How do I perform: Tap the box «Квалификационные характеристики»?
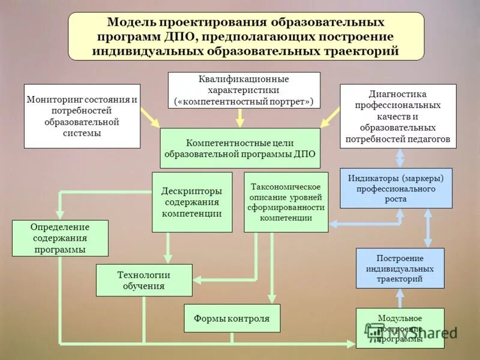point(244,90)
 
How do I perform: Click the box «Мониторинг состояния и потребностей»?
point(82,116)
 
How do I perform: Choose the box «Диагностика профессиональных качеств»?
point(398,116)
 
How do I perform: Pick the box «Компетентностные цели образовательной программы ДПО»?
point(240,148)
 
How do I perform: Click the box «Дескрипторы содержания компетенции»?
point(192,202)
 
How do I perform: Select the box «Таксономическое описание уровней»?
point(286,202)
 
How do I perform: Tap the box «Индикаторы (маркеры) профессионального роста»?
point(396,188)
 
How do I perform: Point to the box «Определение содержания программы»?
point(60,238)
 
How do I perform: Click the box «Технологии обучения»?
point(144,280)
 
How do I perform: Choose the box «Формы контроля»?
point(232,318)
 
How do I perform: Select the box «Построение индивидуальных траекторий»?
point(400,268)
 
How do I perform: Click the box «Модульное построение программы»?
point(400,328)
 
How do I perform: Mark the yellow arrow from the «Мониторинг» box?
point(150,118)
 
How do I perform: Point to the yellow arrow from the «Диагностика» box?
point(330,118)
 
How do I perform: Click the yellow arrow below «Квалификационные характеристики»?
point(239,118)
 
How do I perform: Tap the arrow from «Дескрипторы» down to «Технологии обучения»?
point(168,248)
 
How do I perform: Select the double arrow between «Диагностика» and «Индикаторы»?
point(400,158)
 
